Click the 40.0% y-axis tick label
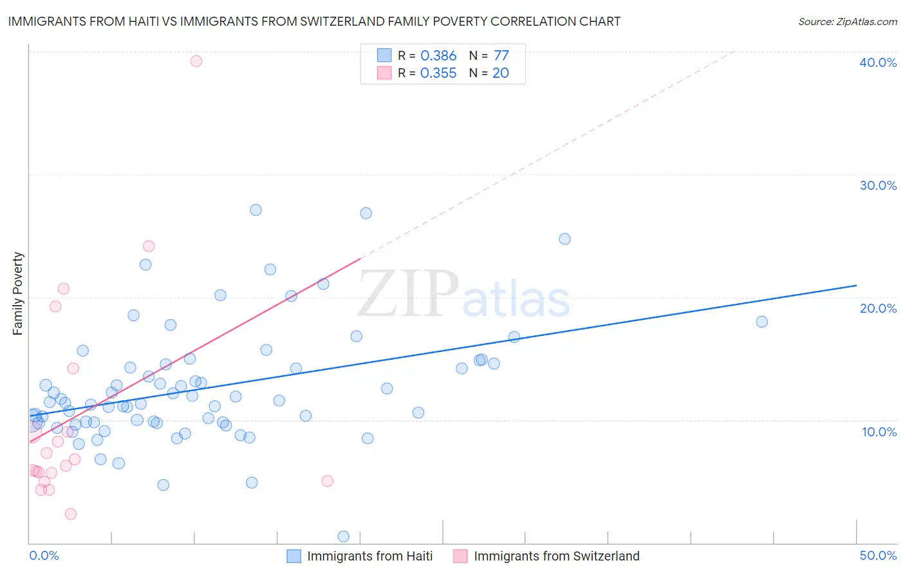tap(878, 62)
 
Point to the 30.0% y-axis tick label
tap(878, 185)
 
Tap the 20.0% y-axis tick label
tap(878, 308)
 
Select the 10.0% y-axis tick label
tap(879, 432)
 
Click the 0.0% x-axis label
tap(44, 555)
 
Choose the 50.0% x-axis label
tap(878, 555)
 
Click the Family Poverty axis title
tap(18, 293)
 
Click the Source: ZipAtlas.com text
tap(847, 21)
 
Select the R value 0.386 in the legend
tap(438, 55)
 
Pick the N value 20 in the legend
tap(500, 73)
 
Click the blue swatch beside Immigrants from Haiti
tap(294, 556)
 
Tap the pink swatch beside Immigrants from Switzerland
tap(460, 556)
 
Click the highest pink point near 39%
tap(196, 61)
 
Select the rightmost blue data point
tap(762, 322)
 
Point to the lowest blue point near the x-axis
tap(344, 537)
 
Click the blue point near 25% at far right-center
tap(564, 239)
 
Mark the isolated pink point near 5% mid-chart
tap(327, 481)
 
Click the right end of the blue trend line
tap(856, 285)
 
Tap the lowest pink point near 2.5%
tap(71, 514)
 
